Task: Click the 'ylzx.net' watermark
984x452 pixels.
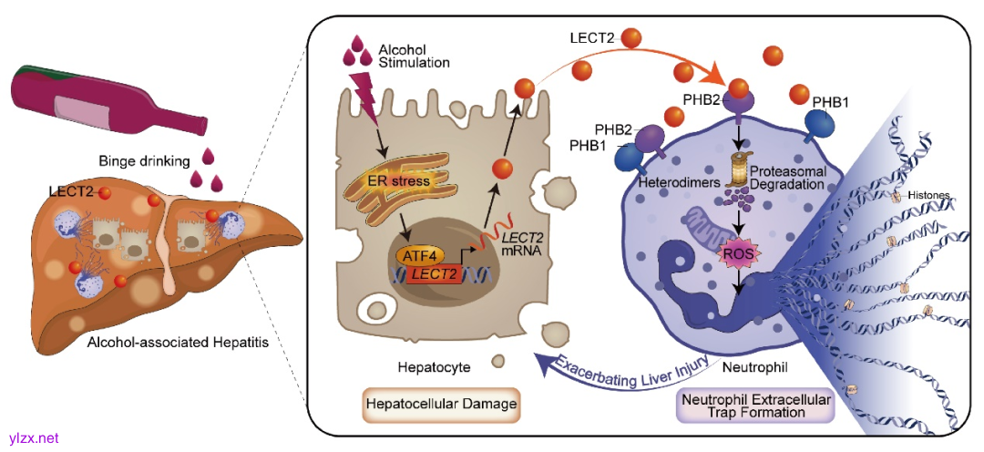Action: pyautogui.click(x=33, y=438)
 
